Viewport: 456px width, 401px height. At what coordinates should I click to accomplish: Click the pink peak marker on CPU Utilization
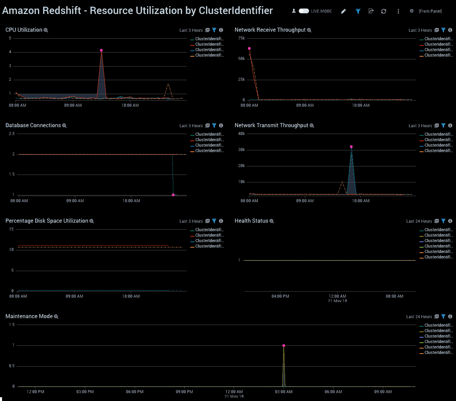coord(101,50)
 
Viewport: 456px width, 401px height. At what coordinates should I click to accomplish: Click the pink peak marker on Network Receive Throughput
coord(249,49)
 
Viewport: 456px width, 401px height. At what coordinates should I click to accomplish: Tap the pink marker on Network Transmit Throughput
coord(351,147)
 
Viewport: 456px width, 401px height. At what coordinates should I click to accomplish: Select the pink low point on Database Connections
coord(173,195)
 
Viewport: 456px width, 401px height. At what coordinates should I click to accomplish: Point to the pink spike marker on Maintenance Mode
coord(284,346)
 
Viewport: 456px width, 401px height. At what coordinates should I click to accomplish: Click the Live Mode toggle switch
coord(304,11)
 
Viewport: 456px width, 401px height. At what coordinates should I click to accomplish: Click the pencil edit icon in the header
coord(343,11)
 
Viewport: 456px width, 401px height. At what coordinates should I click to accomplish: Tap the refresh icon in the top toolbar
coord(384,11)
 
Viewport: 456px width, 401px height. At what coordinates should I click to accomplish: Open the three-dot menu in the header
coord(398,11)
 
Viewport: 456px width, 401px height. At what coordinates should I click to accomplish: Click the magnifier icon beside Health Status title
coord(272,221)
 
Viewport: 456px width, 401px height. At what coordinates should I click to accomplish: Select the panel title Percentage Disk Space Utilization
coord(47,221)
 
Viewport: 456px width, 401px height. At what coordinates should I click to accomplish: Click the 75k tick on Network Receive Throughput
coord(241,39)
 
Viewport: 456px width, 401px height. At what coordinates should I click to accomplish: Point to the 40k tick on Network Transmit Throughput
coord(241,134)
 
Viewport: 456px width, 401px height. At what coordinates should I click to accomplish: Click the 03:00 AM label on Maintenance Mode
coord(284,392)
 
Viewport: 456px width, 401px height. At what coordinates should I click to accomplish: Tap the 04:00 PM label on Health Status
coord(280,296)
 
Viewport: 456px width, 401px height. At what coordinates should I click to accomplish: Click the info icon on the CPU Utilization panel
coord(221,30)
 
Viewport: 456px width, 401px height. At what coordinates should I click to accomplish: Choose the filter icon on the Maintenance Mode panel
coord(443,317)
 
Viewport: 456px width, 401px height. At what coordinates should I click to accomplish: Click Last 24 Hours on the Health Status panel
coord(419,221)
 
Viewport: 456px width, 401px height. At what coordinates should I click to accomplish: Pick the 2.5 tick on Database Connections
coord(12,134)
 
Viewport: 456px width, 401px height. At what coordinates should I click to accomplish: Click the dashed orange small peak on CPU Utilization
coord(168,84)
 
